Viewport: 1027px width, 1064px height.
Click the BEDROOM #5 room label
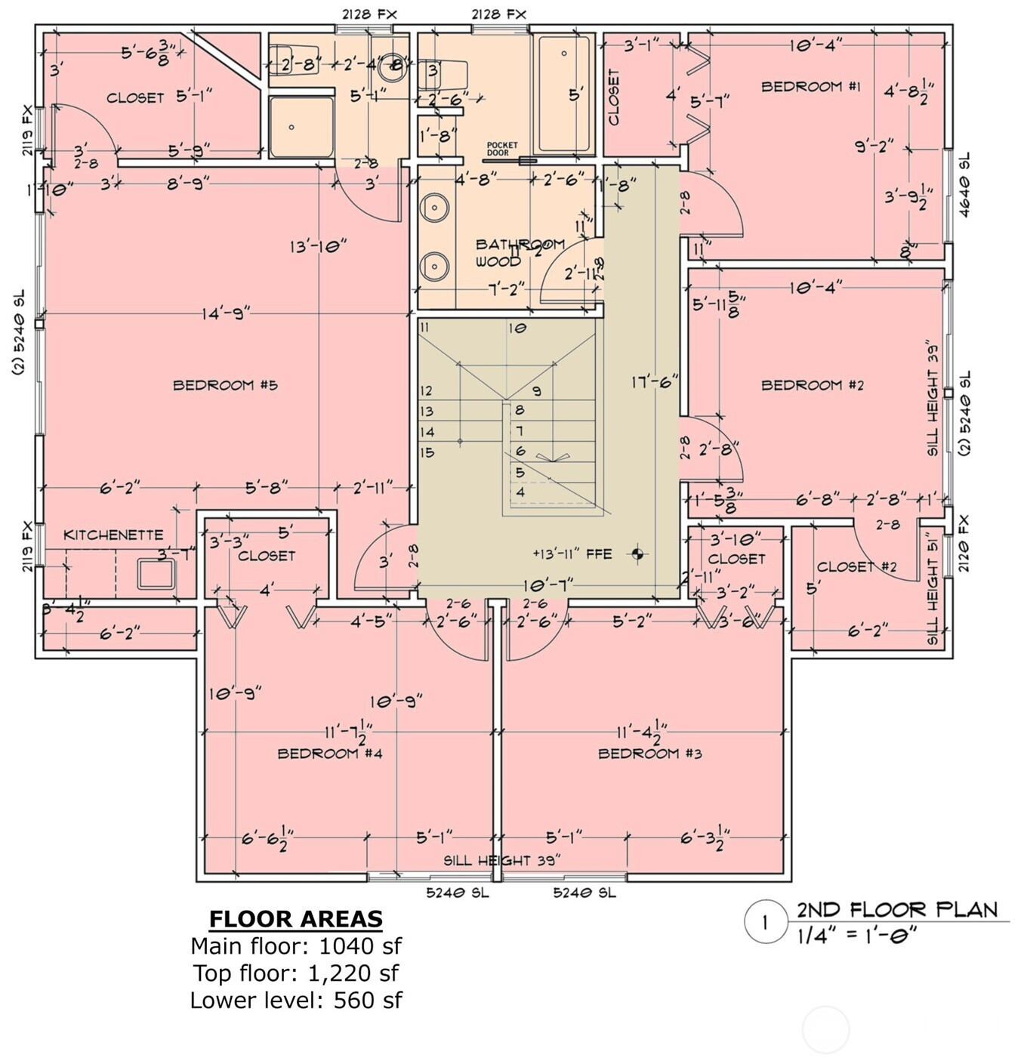225,385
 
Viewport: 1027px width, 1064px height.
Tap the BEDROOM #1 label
810,87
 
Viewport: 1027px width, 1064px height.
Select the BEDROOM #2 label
812,385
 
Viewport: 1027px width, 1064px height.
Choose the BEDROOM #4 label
330,754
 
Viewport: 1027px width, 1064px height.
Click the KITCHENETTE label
113,535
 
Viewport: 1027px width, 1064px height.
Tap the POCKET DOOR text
502,149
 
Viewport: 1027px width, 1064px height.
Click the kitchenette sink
156,574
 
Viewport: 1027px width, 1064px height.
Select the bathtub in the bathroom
563,94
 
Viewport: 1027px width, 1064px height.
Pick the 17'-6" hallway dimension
655,383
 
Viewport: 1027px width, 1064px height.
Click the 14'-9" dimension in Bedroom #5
225,313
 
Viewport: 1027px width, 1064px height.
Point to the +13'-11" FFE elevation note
572,554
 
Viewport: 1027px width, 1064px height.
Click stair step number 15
427,452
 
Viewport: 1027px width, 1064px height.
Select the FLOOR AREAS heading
295,919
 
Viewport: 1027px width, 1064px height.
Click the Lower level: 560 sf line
295,1001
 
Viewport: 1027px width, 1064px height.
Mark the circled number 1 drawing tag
765,922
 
